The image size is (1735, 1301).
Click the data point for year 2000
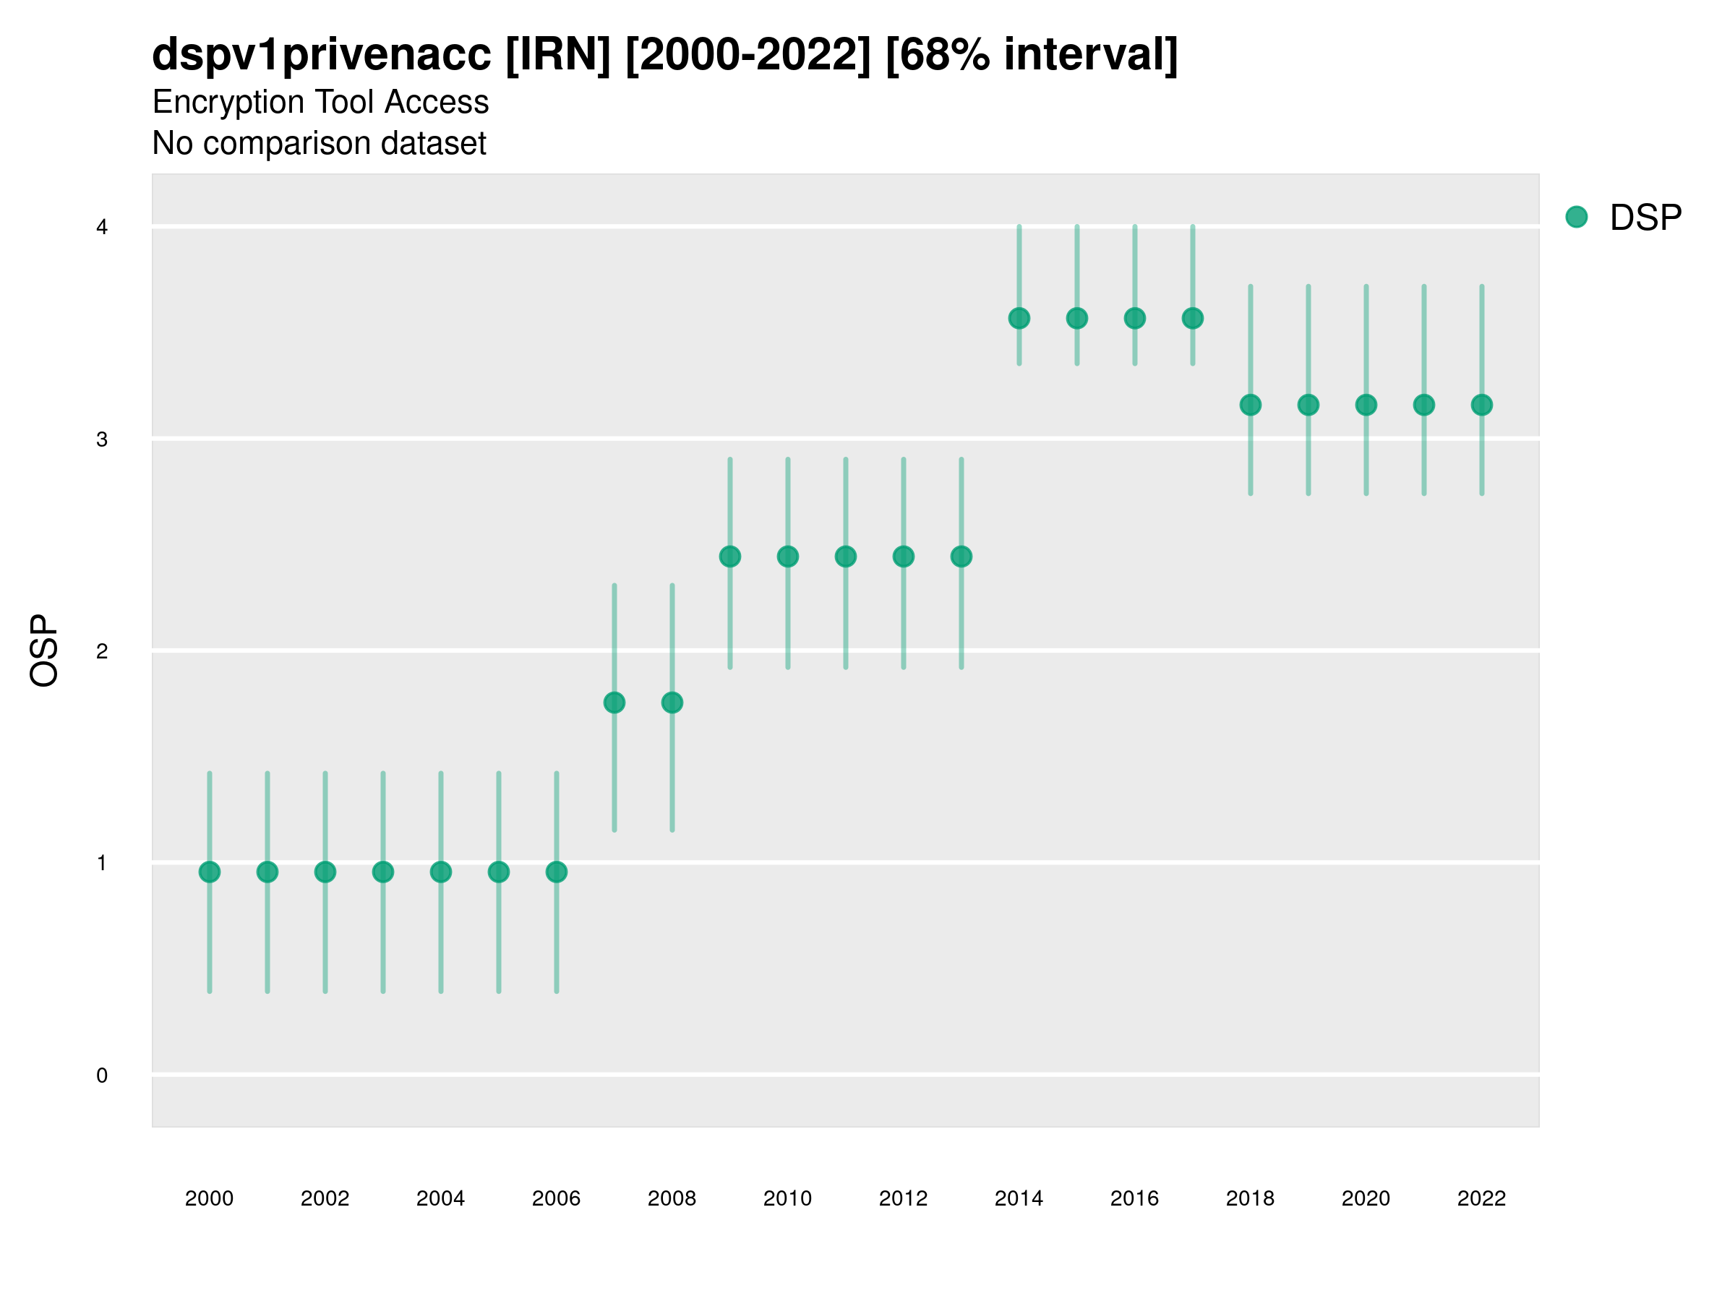click(x=210, y=872)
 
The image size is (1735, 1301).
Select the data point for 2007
click(x=614, y=703)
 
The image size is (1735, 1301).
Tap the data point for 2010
click(x=787, y=557)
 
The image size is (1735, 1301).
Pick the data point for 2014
click(x=1019, y=319)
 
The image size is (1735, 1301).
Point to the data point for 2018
click(x=1250, y=405)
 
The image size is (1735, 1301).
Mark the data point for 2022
click(x=1482, y=405)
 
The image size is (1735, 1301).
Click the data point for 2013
click(x=961, y=557)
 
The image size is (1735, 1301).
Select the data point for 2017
click(x=1192, y=319)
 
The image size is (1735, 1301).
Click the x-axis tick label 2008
click(x=672, y=1198)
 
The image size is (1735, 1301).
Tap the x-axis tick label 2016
click(x=1134, y=1198)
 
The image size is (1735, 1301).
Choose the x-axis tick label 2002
click(x=325, y=1198)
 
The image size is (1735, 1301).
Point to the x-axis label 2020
click(x=1366, y=1198)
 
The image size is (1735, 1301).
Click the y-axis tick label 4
click(x=102, y=228)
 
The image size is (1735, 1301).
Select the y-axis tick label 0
click(x=102, y=1075)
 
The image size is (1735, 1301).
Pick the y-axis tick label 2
click(x=102, y=651)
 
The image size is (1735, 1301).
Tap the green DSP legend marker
click(x=1576, y=218)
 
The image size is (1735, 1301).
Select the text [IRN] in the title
click(x=557, y=55)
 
